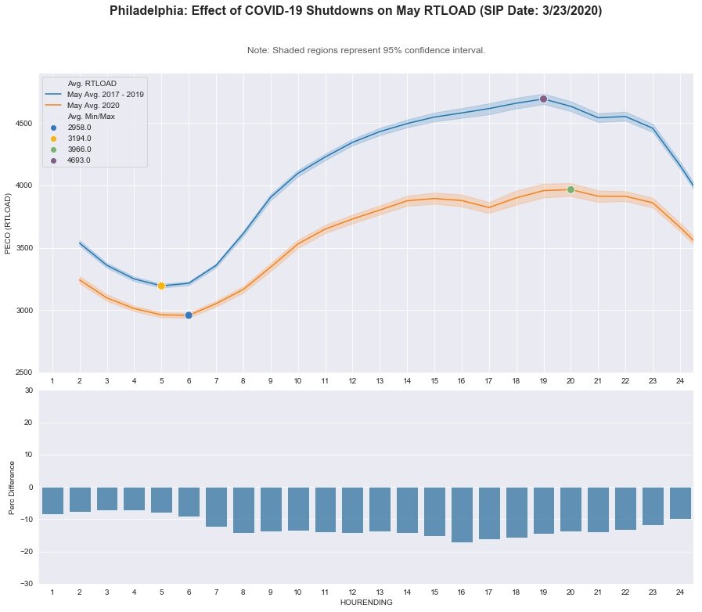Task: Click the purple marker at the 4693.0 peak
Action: pyautogui.click(x=543, y=99)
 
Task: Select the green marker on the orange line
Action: pyautogui.click(x=571, y=189)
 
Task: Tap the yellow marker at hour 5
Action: pyautogui.click(x=161, y=286)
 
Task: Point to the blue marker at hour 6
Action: pyautogui.click(x=189, y=315)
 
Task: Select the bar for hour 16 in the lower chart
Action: pyautogui.click(x=462, y=514)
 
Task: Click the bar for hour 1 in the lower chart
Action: pyautogui.click(x=52, y=501)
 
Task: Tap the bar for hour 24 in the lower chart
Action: pyautogui.click(x=680, y=502)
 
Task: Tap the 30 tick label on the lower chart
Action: pyautogui.click(x=28, y=391)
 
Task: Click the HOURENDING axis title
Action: pyautogui.click(x=365, y=603)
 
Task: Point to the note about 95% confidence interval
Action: pyautogui.click(x=365, y=50)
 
